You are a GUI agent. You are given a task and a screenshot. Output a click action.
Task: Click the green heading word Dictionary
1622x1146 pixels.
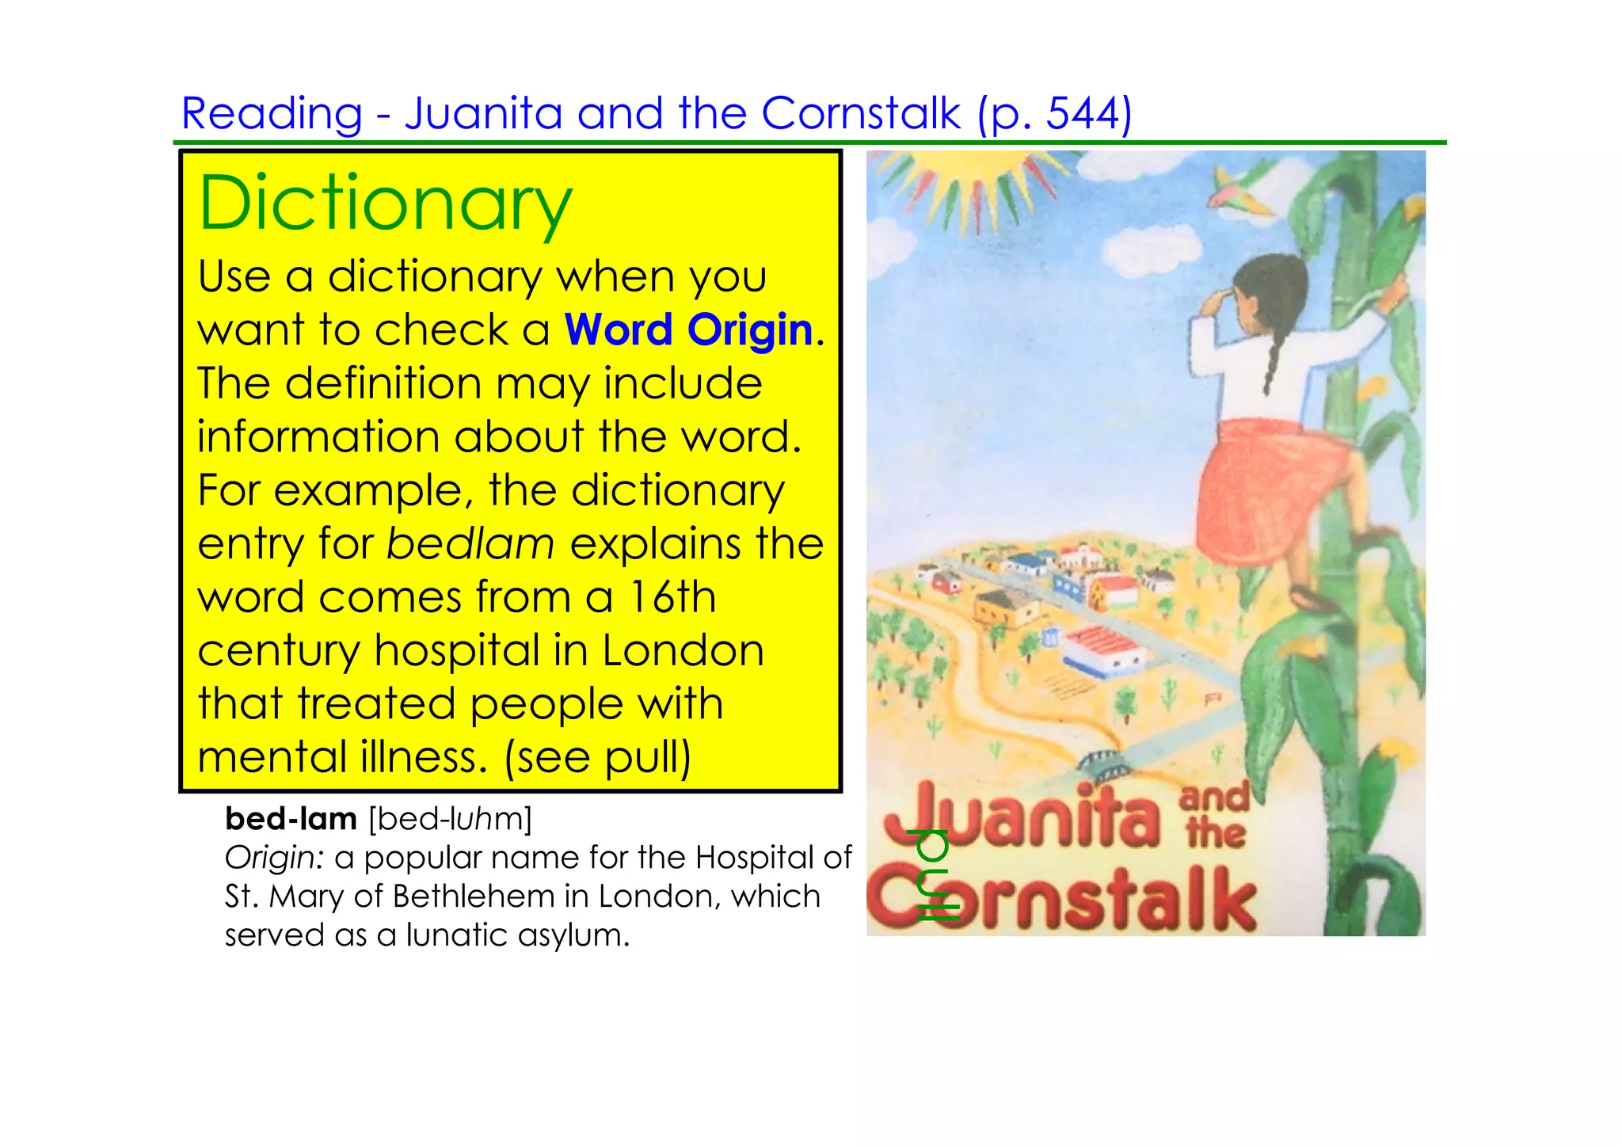click(385, 204)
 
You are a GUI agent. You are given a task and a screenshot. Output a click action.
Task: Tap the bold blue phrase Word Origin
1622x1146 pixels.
click(688, 329)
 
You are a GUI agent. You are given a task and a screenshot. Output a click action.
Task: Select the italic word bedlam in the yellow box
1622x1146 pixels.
click(470, 544)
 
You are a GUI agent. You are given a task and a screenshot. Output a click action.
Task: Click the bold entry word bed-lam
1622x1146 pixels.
click(291, 819)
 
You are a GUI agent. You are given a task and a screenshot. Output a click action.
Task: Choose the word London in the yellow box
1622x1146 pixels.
click(683, 651)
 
